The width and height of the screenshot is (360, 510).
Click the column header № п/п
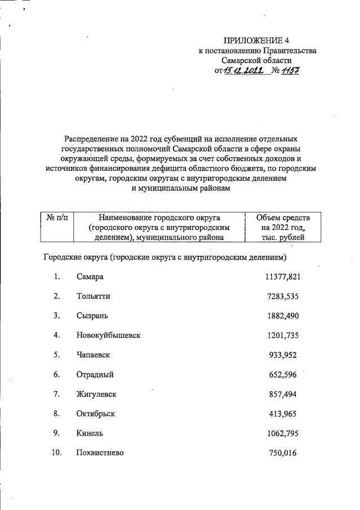tap(56, 218)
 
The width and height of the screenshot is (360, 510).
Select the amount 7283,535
tap(283, 296)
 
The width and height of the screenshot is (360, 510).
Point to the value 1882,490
tap(283, 316)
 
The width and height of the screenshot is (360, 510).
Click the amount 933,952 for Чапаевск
tap(286, 354)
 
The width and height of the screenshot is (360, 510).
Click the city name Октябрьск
tap(96, 413)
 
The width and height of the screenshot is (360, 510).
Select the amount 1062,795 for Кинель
tap(283, 433)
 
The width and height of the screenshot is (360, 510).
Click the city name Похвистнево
tap(100, 453)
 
